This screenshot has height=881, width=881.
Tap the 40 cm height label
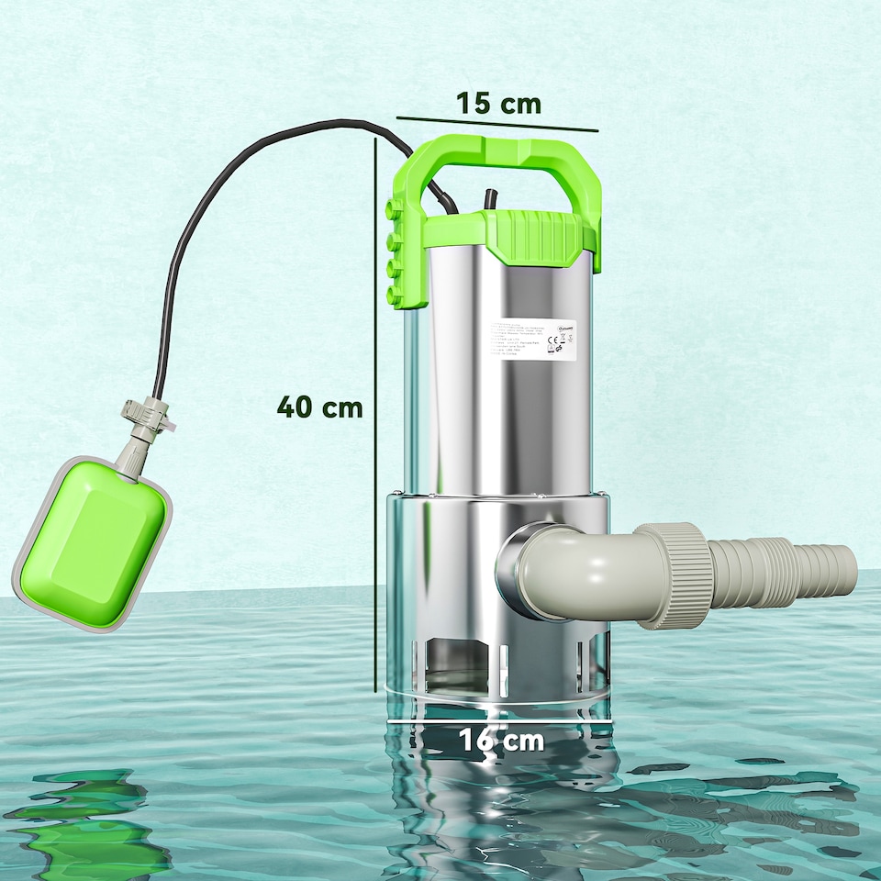coord(320,407)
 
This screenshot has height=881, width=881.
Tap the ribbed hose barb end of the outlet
coord(789,573)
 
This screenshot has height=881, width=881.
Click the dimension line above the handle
coord(496,124)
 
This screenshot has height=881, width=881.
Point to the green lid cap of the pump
coord(532,234)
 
